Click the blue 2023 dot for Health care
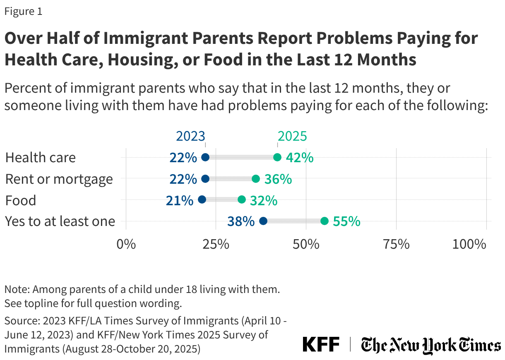pyautogui.click(x=205, y=157)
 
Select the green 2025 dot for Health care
pyautogui.click(x=277, y=157)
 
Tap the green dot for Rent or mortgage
pyautogui.click(x=256, y=179)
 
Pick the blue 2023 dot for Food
pyautogui.click(x=202, y=200)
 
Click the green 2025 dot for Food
pyautogui.click(x=242, y=200)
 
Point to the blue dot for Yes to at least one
pyautogui.click(x=263, y=221)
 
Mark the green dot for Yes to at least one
pyautogui.click(x=325, y=221)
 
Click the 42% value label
pyautogui.click(x=299, y=158)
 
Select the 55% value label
pyautogui.click(x=346, y=221)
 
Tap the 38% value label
pyautogui.click(x=241, y=221)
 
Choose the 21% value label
pyautogui.click(x=180, y=200)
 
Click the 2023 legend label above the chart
pyautogui.click(x=191, y=136)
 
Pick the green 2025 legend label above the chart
pyautogui.click(x=292, y=136)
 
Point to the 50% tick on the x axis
pyautogui.click(x=306, y=244)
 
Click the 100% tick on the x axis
pyautogui.click(x=469, y=244)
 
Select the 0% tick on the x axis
pyautogui.click(x=126, y=244)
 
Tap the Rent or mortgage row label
pyautogui.click(x=59, y=179)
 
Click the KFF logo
pyautogui.click(x=321, y=344)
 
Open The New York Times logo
pyautogui.click(x=430, y=345)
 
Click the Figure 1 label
pyautogui.click(x=23, y=12)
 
